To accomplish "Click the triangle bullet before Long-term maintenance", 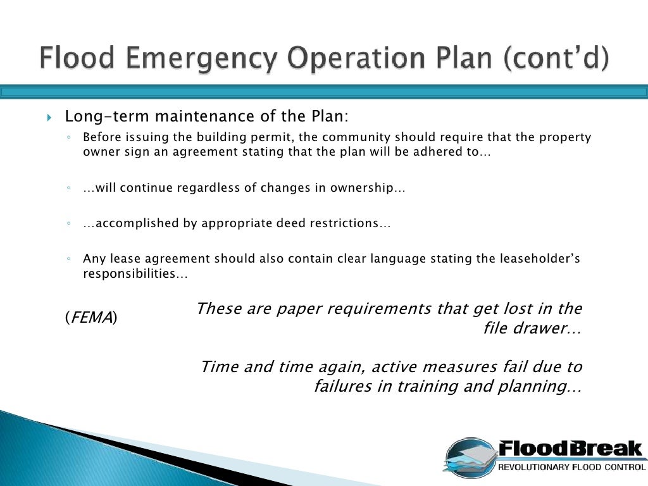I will pyautogui.click(x=50, y=118).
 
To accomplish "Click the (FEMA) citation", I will pyautogui.click(x=91, y=318).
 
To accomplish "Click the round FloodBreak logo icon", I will pyautogui.click(x=468, y=458).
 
